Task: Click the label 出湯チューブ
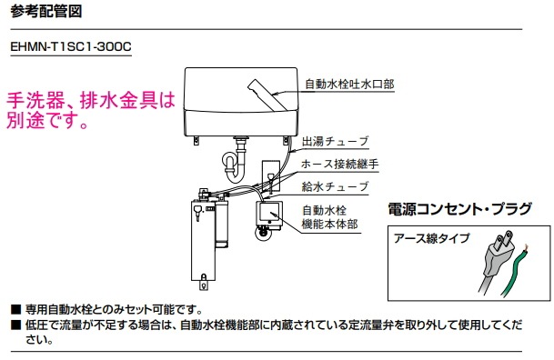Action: coord(336,141)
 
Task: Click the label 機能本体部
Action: coord(328,223)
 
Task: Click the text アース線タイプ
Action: coord(431,239)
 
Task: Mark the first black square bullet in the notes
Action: coord(14,309)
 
